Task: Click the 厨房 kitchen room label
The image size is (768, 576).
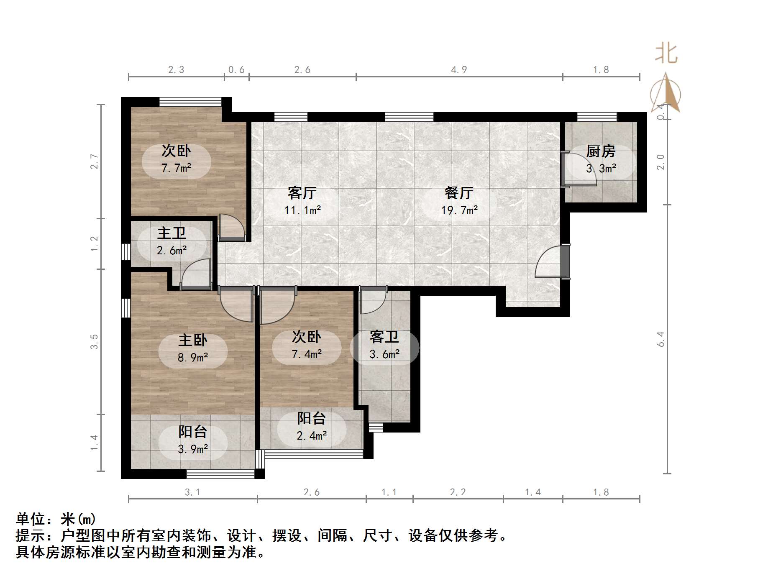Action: point(601,151)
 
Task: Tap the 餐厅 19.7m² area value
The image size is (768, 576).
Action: point(459,210)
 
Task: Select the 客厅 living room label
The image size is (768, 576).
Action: point(302,193)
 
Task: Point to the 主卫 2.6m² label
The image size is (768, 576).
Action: point(172,242)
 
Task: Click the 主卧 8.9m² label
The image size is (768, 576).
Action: point(193,348)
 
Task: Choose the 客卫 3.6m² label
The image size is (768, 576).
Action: point(384,346)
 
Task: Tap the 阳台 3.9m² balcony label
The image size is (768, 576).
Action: point(193,440)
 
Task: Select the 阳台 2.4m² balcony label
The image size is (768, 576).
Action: point(312,427)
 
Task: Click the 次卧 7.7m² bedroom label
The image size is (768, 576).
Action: point(176,159)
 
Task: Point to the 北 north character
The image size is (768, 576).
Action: point(666,54)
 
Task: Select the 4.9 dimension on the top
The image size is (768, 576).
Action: point(459,70)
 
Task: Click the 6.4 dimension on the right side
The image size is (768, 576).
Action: point(660,339)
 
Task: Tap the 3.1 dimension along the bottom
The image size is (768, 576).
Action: point(192,492)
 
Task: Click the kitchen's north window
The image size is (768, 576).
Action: point(597,117)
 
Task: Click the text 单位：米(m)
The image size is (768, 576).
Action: point(56,519)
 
